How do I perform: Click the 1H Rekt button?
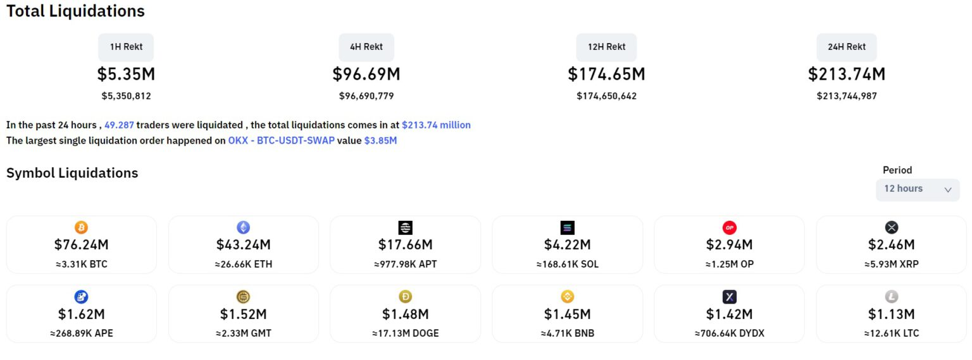[x=126, y=47]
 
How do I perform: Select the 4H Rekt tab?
[x=366, y=47]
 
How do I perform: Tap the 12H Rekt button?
[x=606, y=47]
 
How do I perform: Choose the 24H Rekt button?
[x=847, y=47]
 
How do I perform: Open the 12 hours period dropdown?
[x=918, y=189]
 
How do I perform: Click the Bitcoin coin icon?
[x=81, y=227]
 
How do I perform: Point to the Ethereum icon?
[x=244, y=227]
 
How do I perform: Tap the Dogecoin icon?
[x=406, y=297]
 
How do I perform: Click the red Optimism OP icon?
[x=730, y=227]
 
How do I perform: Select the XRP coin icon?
[x=892, y=227]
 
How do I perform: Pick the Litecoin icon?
[x=892, y=297]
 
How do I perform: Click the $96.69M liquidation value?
[x=366, y=74]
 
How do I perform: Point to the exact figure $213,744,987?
[x=847, y=96]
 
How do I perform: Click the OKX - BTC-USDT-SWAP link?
[x=281, y=140]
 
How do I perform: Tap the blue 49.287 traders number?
[x=119, y=125]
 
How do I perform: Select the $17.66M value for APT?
[x=406, y=245]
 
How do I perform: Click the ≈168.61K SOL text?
[x=568, y=264]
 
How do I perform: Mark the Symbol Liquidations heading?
[x=72, y=173]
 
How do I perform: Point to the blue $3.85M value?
[x=380, y=140]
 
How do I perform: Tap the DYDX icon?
[x=730, y=297]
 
